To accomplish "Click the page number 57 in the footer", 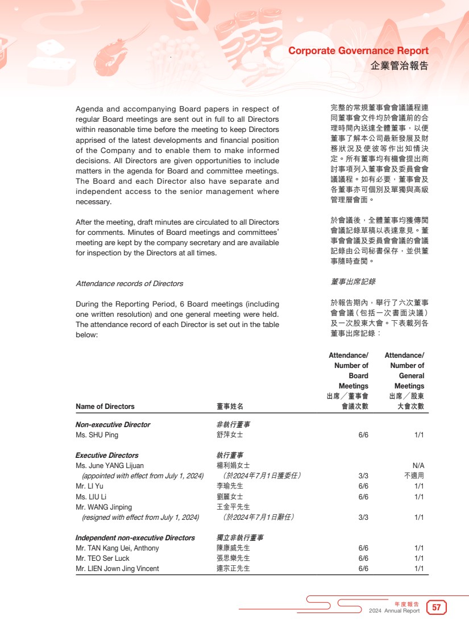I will coord(437,607).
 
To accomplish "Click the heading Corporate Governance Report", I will coord(358,51).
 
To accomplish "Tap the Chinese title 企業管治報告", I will coord(399,66).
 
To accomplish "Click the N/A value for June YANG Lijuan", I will coord(418,466).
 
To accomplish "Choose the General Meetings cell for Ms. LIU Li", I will coord(419,497).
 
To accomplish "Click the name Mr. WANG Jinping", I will coord(103,507).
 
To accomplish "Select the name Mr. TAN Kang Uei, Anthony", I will coord(117,548).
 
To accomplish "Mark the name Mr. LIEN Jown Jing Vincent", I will coord(117,569).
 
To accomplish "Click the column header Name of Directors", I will coord(105,407).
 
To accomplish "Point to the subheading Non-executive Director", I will coord(113,425).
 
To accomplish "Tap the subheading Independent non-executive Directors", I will coord(135,538).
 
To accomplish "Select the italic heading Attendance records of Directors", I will coord(130,283).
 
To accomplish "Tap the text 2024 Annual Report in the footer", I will coord(394,611).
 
